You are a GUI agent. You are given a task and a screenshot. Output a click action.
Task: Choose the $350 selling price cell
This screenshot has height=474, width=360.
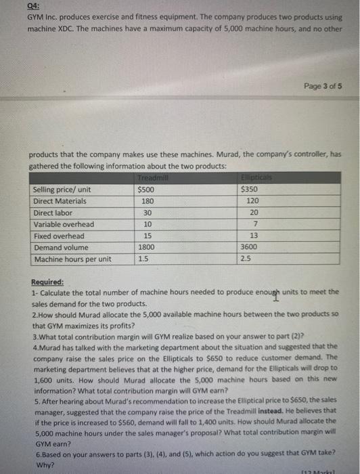pyautogui.click(x=250, y=190)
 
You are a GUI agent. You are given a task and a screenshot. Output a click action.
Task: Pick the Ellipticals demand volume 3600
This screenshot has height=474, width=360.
pyautogui.click(x=250, y=247)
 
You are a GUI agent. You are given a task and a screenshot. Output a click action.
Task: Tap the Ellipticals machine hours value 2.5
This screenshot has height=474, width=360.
pyautogui.click(x=245, y=259)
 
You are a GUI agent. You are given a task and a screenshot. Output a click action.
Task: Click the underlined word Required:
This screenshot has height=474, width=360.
pyautogui.click(x=47, y=282)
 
